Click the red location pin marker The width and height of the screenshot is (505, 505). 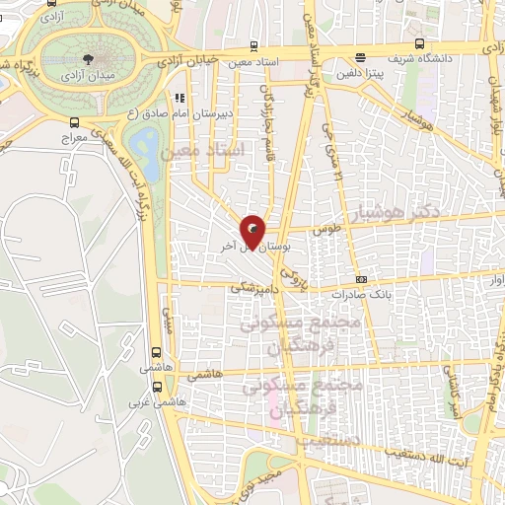click(253, 231)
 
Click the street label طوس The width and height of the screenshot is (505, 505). click(325, 229)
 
